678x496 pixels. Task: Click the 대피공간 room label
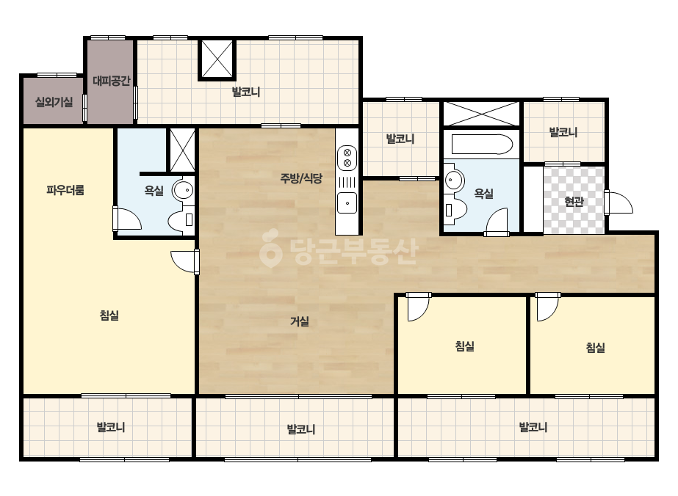(112, 81)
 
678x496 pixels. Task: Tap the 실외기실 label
(54, 103)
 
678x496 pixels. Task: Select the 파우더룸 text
(65, 190)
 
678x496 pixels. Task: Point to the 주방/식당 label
(301, 178)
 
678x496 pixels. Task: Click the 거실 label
(299, 321)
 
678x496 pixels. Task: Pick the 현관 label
(574, 201)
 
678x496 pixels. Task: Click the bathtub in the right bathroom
(482, 145)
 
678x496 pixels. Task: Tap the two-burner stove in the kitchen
(347, 158)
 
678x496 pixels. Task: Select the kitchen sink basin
(347, 203)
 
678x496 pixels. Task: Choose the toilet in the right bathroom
(455, 210)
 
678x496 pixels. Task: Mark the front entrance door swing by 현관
(619, 203)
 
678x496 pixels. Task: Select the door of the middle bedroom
(418, 307)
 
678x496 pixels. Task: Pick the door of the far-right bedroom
(547, 307)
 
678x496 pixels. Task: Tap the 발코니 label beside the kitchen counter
(400, 139)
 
